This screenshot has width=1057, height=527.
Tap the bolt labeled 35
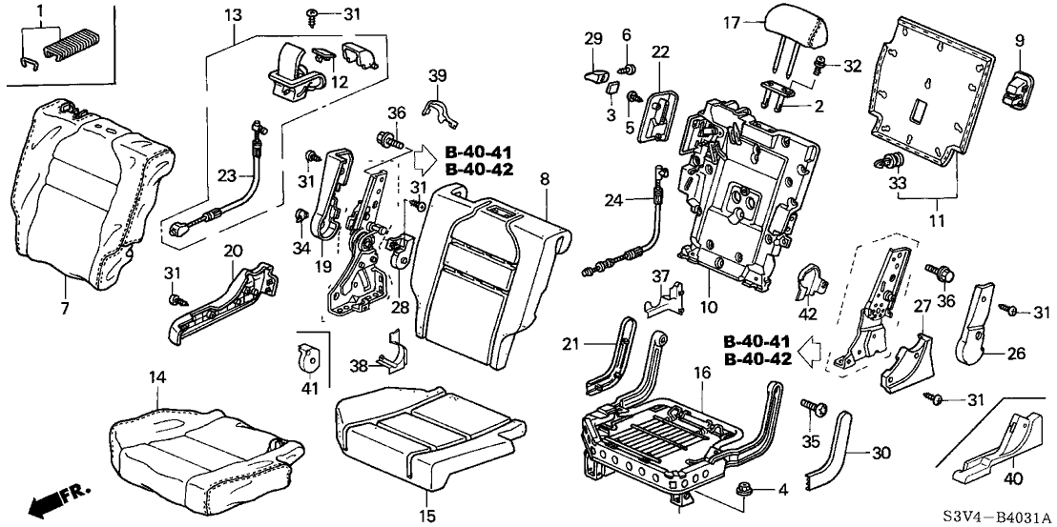click(816, 411)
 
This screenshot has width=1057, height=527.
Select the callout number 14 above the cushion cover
click(156, 378)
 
